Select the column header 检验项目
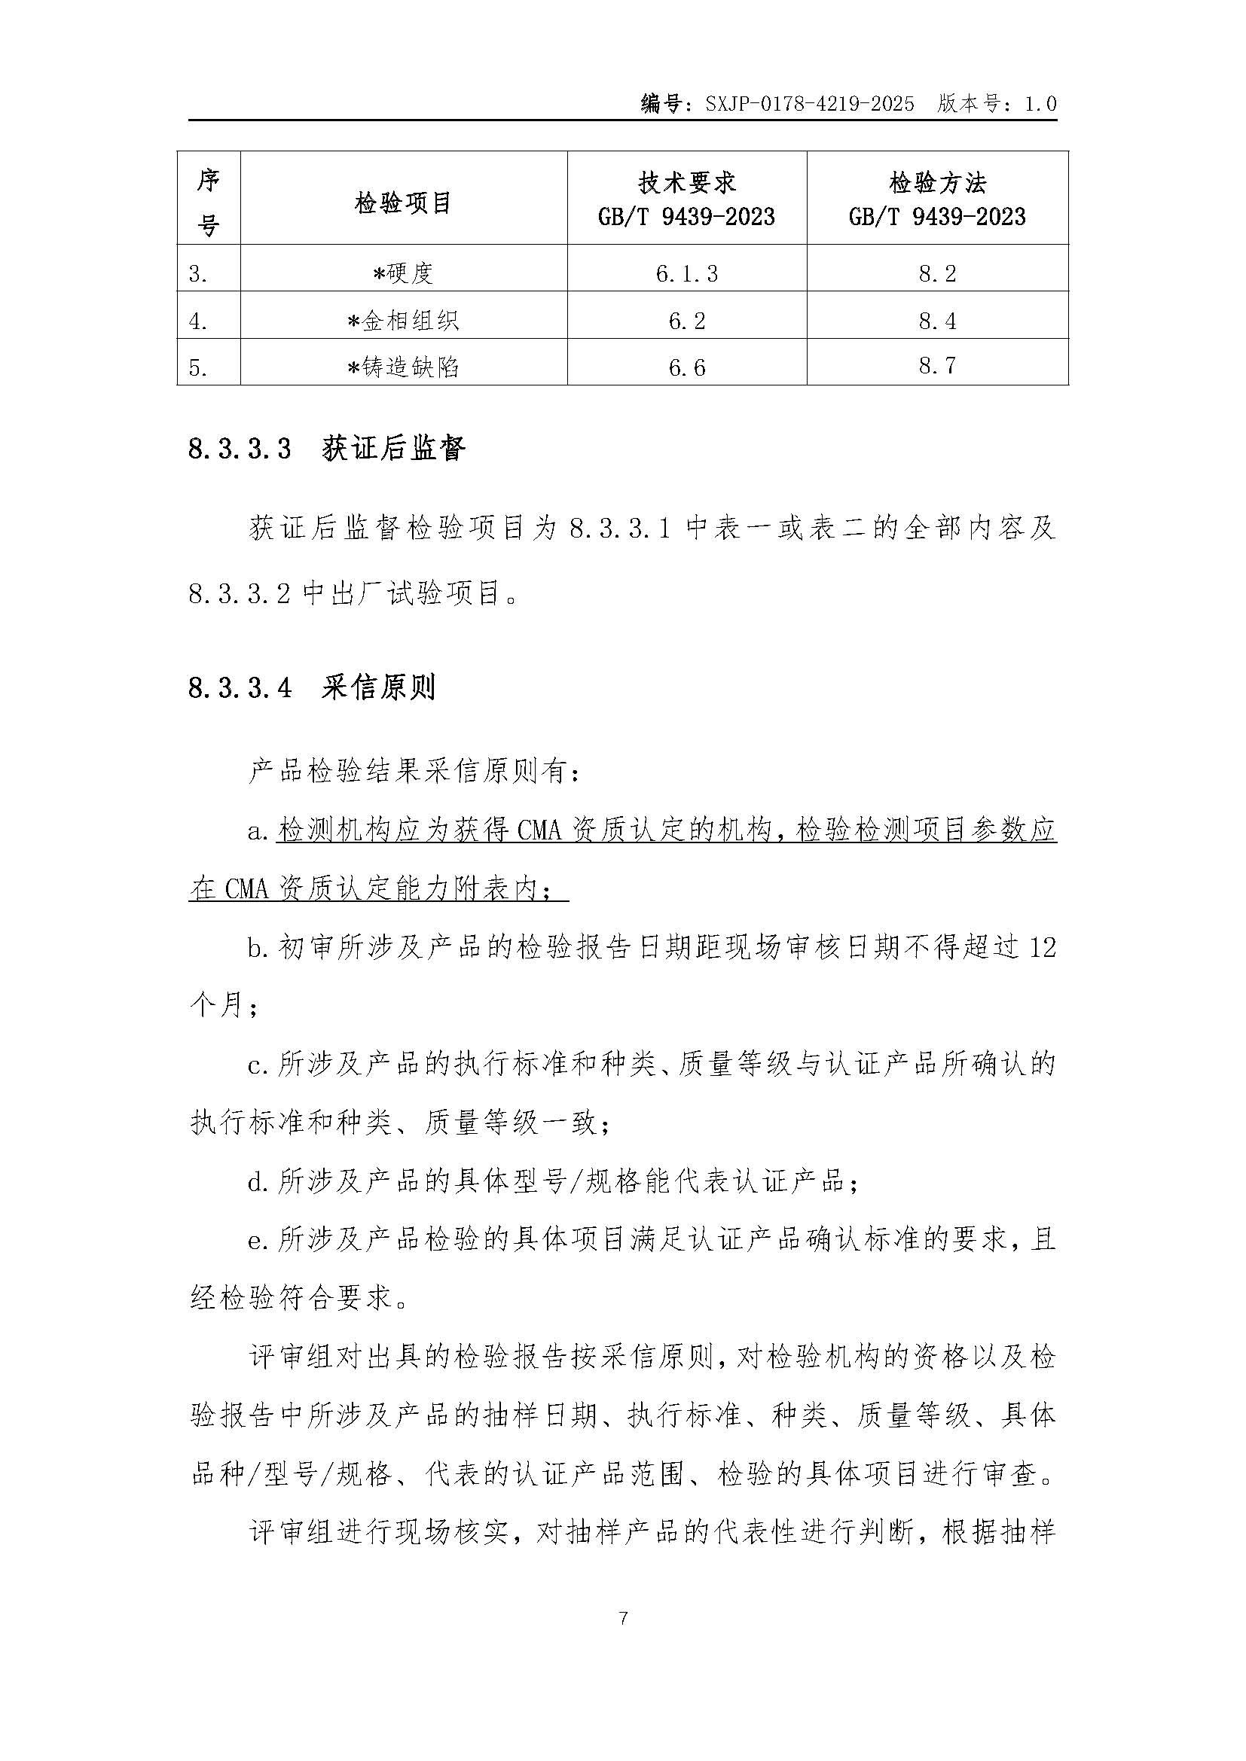click(403, 203)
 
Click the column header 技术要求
click(687, 182)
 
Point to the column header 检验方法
click(937, 182)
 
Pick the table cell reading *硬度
click(404, 273)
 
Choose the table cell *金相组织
click(404, 320)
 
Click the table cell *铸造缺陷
click(404, 367)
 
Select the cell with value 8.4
click(937, 320)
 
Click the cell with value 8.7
click(937, 366)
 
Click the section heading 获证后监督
click(393, 449)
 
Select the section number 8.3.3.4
click(240, 688)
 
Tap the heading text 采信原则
click(379, 687)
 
